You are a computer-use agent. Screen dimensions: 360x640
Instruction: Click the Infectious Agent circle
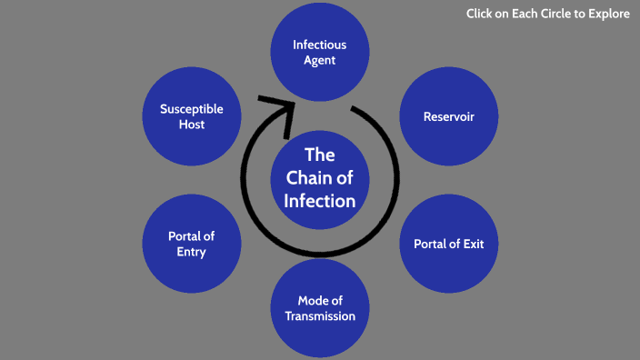pyautogui.click(x=319, y=52)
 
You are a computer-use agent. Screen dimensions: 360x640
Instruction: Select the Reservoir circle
pyautogui.click(x=448, y=116)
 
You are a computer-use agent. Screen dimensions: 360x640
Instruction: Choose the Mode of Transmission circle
pyautogui.click(x=319, y=308)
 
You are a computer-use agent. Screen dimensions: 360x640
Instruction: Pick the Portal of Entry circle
pyautogui.click(x=191, y=244)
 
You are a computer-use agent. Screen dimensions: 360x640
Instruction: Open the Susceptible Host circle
pyautogui.click(x=191, y=116)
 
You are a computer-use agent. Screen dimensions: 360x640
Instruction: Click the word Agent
pyautogui.click(x=319, y=60)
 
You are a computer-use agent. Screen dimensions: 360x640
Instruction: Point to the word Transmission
pyautogui.click(x=319, y=316)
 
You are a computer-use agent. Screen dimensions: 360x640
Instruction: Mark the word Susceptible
pyautogui.click(x=191, y=109)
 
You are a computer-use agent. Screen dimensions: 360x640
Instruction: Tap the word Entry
pyautogui.click(x=191, y=252)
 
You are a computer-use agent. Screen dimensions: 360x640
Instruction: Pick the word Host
pyautogui.click(x=191, y=125)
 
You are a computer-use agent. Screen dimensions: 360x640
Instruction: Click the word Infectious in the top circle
pyautogui.click(x=319, y=45)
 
